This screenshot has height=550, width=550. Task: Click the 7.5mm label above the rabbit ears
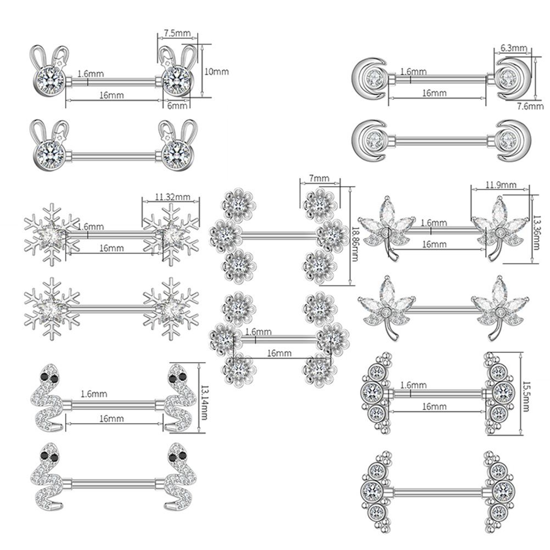pyautogui.click(x=177, y=33)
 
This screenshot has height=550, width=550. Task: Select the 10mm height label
pyautogui.click(x=216, y=71)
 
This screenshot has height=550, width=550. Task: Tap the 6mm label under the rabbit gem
pyautogui.click(x=177, y=105)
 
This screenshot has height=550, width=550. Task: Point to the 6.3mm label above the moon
pyautogui.click(x=514, y=48)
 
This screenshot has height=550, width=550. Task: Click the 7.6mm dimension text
pyautogui.click(x=530, y=106)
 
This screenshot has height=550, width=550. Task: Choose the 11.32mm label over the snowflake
pyautogui.click(x=172, y=197)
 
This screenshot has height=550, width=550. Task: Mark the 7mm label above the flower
pyautogui.click(x=319, y=178)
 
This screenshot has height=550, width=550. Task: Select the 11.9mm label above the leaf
pyautogui.click(x=501, y=185)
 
